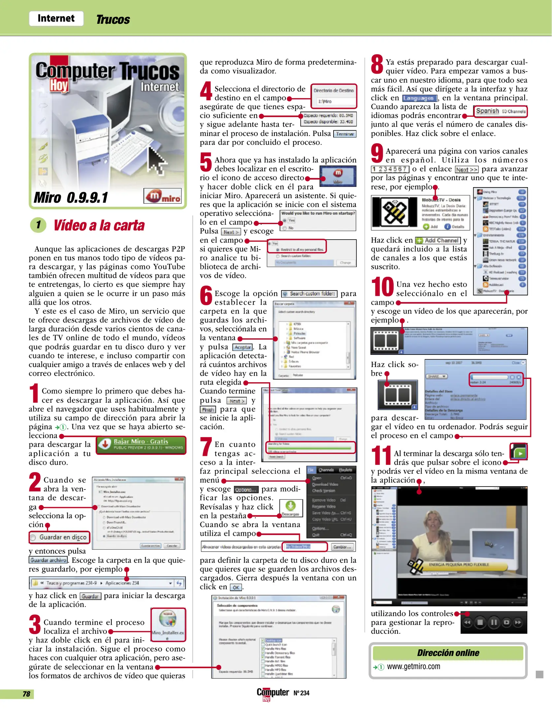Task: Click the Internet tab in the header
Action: (56, 18)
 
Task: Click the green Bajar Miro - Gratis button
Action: (141, 444)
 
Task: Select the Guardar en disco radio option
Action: (33, 537)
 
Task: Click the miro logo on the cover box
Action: (163, 196)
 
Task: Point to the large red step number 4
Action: (206, 91)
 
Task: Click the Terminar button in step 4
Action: (345, 134)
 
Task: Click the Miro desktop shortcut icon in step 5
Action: (338, 176)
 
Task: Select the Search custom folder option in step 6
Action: (309, 293)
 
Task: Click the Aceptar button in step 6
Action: (243, 347)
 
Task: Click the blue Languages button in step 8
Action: (419, 98)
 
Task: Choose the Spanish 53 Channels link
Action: (500, 111)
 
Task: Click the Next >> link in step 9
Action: (467, 169)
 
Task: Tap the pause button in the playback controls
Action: (494, 622)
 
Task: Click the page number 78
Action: (26, 694)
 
